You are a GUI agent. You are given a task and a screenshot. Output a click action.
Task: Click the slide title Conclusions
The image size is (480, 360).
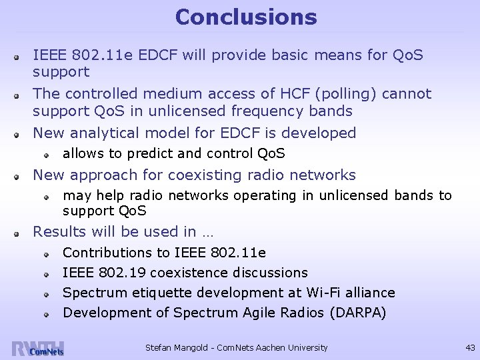point(246,17)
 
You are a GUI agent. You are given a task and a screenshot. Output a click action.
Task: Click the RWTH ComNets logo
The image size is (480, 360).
point(38,349)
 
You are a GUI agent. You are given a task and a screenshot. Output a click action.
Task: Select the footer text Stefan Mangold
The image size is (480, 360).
point(174,347)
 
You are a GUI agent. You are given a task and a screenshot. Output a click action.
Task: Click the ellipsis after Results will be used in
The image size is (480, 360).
point(206,232)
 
